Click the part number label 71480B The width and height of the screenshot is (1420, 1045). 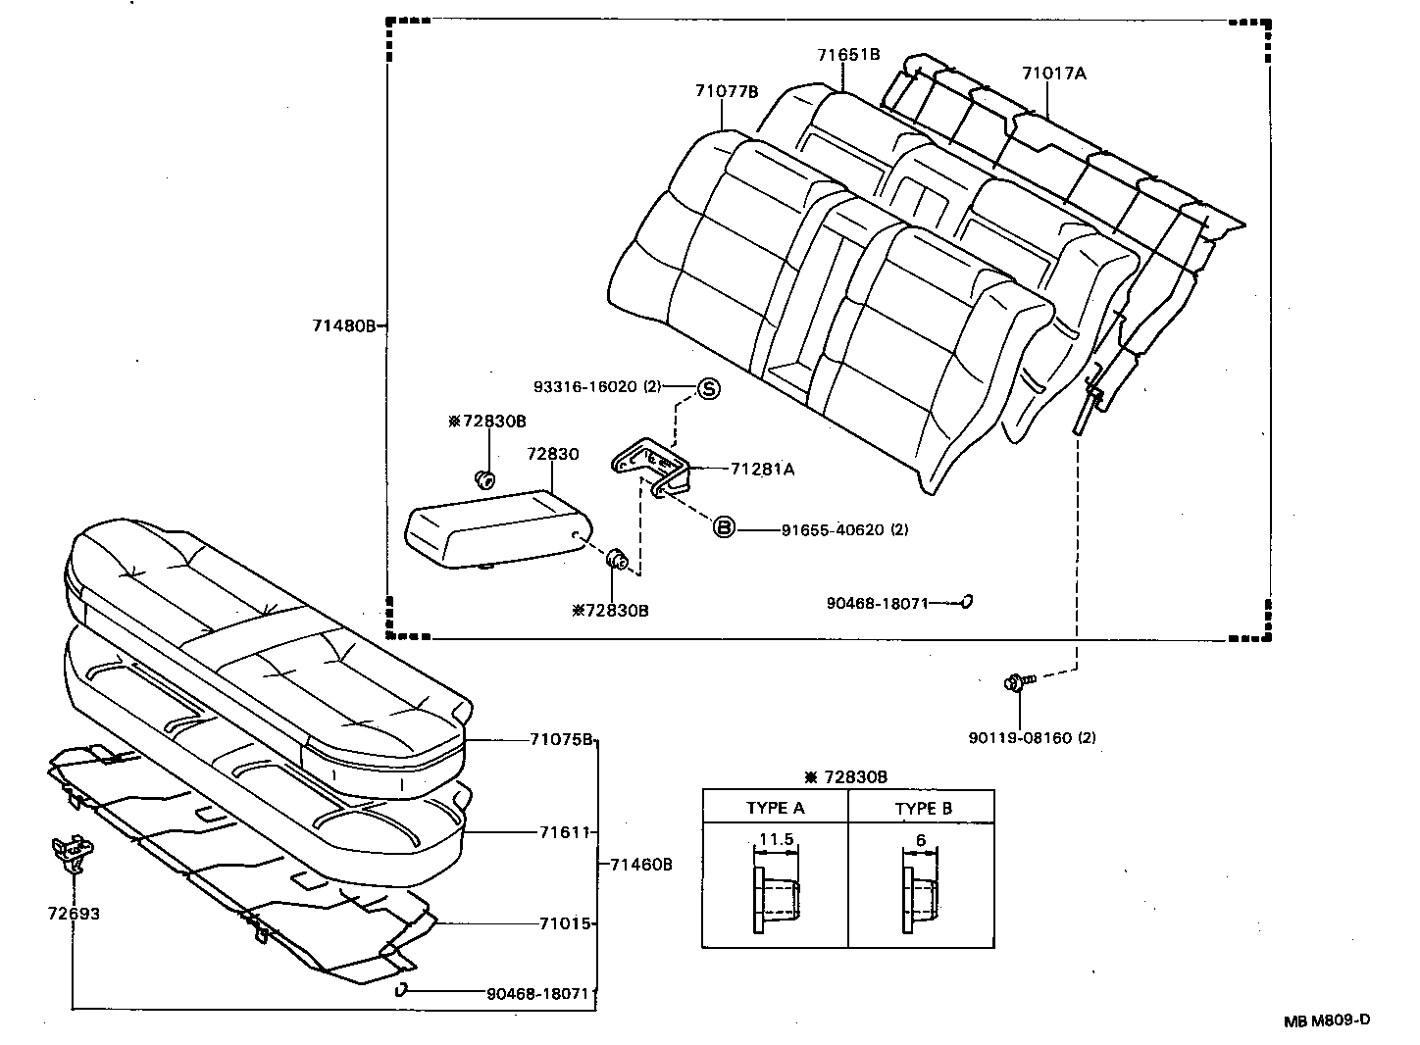click(343, 325)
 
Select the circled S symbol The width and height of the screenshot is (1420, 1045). click(708, 388)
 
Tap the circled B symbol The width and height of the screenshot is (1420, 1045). click(723, 528)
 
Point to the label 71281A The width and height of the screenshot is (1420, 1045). click(762, 469)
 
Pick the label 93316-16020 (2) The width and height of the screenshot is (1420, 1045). click(598, 387)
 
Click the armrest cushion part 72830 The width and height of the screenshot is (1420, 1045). click(495, 528)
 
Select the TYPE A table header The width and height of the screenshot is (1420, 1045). click(775, 809)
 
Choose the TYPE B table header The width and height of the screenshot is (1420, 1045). click(923, 809)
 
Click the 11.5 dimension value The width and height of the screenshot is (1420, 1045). click(776, 839)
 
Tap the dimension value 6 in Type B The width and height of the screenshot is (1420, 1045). click(921, 839)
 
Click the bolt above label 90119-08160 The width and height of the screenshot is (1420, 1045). click(1016, 682)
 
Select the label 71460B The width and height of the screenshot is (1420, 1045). click(640, 865)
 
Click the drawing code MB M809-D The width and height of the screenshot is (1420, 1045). click(1327, 1020)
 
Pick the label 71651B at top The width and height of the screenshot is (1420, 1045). click(848, 54)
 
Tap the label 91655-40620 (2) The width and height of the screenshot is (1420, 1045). click(844, 529)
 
